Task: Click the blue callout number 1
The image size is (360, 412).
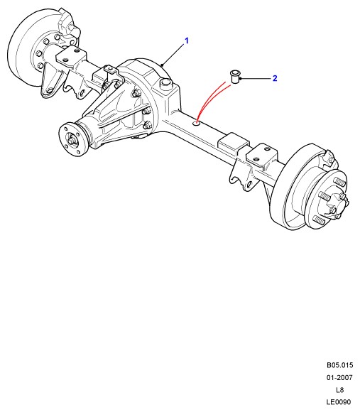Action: [187, 41]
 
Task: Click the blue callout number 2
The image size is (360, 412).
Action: [275, 78]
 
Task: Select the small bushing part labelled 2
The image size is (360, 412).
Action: [234, 77]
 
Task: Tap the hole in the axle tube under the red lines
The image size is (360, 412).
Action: [196, 123]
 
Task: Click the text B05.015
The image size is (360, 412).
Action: [340, 365]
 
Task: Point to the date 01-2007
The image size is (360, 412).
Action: [339, 378]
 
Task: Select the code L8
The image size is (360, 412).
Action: [339, 390]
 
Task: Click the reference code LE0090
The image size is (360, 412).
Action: [339, 402]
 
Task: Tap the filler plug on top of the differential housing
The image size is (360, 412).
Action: [166, 84]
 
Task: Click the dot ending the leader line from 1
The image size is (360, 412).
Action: [163, 65]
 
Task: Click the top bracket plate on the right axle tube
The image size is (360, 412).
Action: [261, 154]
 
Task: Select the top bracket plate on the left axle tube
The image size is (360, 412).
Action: [70, 58]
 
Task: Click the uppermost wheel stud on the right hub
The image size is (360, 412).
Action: [340, 182]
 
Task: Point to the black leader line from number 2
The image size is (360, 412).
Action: [255, 78]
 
